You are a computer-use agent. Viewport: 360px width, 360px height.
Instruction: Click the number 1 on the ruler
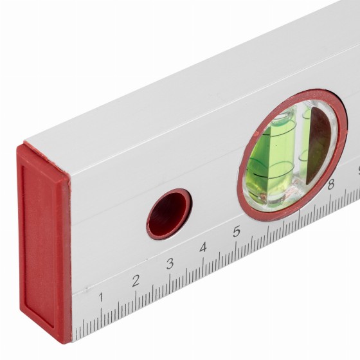tap(101, 297)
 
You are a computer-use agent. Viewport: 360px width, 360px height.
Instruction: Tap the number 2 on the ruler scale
tap(136, 280)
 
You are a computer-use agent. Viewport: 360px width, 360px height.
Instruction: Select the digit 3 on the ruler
tap(170, 264)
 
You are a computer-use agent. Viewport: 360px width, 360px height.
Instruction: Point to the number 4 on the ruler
tap(203, 248)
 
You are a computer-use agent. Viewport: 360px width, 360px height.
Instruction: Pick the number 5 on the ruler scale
tap(237, 231)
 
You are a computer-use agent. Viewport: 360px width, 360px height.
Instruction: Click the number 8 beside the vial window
tap(331, 184)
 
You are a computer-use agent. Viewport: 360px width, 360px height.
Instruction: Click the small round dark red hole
tap(169, 214)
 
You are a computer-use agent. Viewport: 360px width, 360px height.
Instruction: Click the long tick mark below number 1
tap(102, 319)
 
